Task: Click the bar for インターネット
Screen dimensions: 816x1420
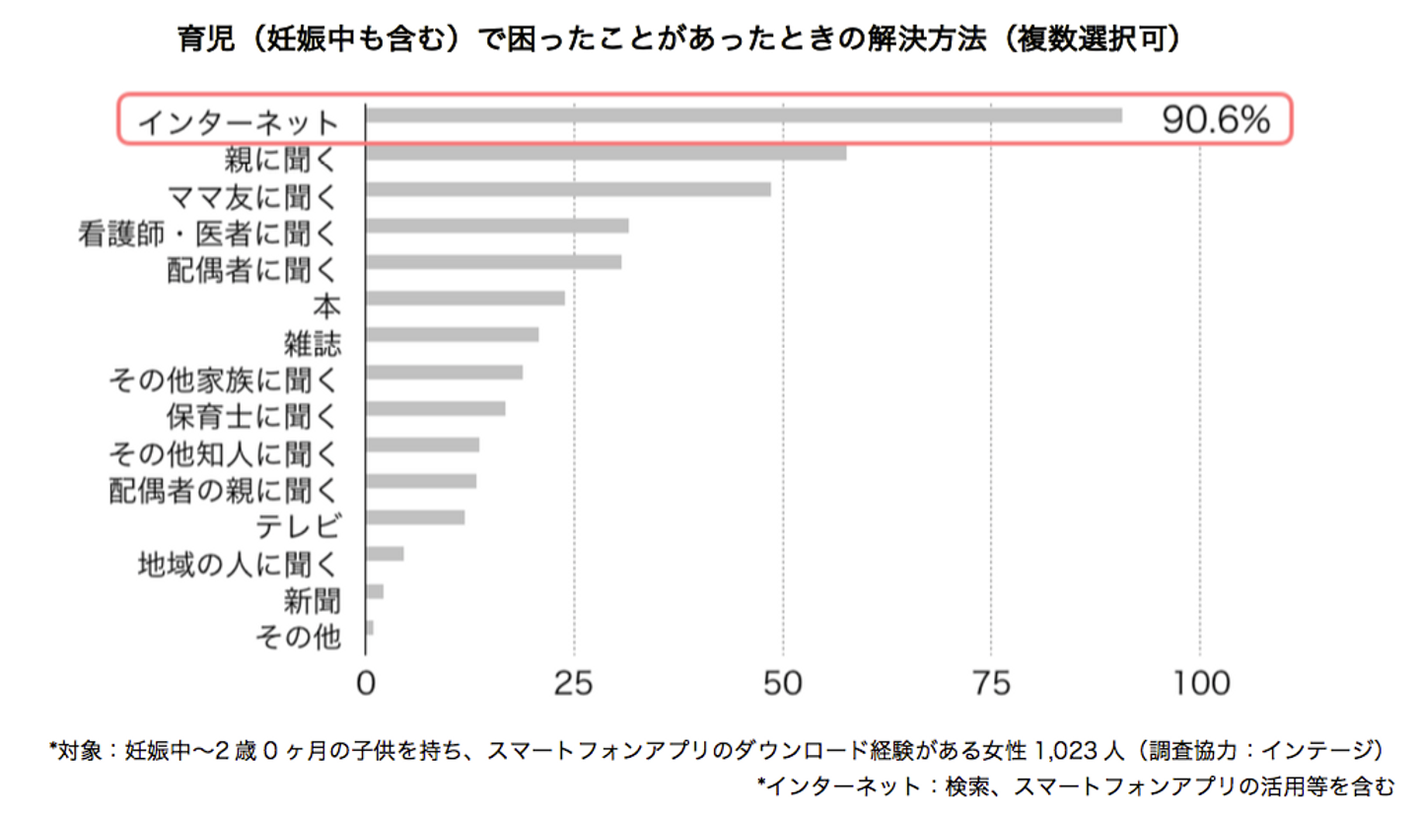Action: [x=744, y=115]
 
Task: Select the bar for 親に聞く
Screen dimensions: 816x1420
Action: [x=605, y=153]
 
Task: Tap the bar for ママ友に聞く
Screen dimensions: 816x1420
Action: [x=568, y=189]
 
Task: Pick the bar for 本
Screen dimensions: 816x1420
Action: [x=465, y=298]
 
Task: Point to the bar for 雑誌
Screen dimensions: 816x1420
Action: [x=453, y=334]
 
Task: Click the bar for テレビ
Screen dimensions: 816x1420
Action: [x=415, y=517]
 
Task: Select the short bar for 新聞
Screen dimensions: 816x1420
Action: [x=375, y=591]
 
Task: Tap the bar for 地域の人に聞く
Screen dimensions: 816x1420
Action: [x=385, y=554]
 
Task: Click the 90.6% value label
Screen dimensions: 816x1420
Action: [x=1213, y=120]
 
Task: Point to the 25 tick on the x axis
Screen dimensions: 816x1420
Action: [x=575, y=683]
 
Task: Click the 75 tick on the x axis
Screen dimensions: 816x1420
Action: [x=992, y=683]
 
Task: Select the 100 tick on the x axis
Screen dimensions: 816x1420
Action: [x=1199, y=683]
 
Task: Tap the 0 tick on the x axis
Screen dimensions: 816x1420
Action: [x=367, y=683]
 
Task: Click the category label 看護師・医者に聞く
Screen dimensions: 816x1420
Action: [x=209, y=234]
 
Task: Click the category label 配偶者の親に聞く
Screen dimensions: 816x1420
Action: [x=223, y=488]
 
